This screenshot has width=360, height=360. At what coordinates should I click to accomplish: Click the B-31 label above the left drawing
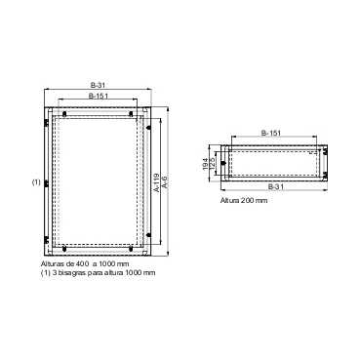click(98, 85)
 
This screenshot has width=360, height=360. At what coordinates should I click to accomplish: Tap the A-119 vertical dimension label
click(157, 181)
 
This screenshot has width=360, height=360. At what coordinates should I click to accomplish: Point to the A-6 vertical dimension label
click(167, 181)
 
